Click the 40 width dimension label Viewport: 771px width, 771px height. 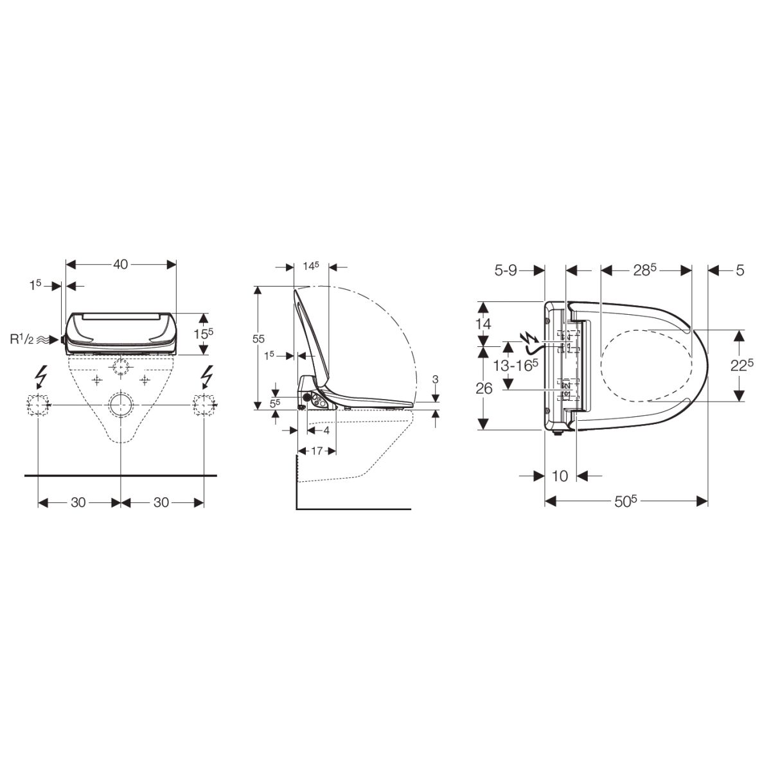pyautogui.click(x=120, y=265)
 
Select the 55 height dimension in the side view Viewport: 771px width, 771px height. pyautogui.click(x=259, y=339)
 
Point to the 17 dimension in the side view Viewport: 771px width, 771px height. pyautogui.click(x=317, y=451)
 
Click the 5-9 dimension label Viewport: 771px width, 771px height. pyautogui.click(x=506, y=271)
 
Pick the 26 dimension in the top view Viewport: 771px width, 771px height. pyautogui.click(x=484, y=389)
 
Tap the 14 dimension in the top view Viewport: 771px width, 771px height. pyautogui.click(x=483, y=323)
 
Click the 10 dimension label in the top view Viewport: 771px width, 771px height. pyautogui.click(x=560, y=476)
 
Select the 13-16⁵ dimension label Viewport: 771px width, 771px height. pyautogui.click(x=515, y=365)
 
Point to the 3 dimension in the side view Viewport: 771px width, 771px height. pyautogui.click(x=436, y=379)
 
